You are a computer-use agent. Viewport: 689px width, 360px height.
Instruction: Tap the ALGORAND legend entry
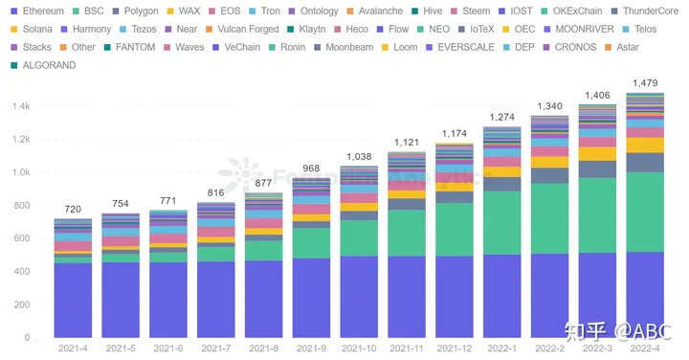click(x=43, y=65)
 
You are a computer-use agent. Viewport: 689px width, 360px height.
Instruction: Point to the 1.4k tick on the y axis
click(x=21, y=106)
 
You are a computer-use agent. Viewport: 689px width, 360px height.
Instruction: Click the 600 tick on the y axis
click(x=23, y=238)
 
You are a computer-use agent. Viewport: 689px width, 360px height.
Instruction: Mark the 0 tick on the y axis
click(x=30, y=338)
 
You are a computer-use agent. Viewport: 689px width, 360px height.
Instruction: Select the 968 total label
click(x=312, y=169)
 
